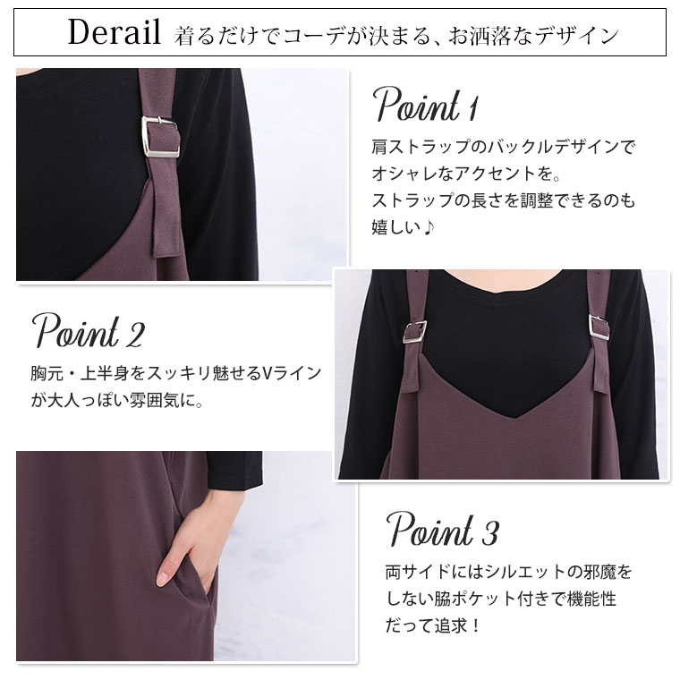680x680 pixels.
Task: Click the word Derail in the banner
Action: coord(115,32)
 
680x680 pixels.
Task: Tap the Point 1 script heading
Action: coord(426,104)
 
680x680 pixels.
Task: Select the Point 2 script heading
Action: coord(88,330)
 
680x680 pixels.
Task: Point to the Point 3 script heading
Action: coord(442,529)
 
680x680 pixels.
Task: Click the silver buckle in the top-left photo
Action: coord(160,136)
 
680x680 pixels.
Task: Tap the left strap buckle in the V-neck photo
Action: coord(414,332)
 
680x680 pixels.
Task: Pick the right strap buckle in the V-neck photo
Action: coord(599,327)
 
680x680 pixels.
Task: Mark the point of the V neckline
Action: coord(514,417)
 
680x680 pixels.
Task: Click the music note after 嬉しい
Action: coord(429,226)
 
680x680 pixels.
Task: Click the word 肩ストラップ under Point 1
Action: coord(421,147)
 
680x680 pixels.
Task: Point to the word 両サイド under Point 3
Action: coord(418,572)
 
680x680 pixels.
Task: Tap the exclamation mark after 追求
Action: coord(475,625)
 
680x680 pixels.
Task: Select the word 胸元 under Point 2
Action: coord(47,373)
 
